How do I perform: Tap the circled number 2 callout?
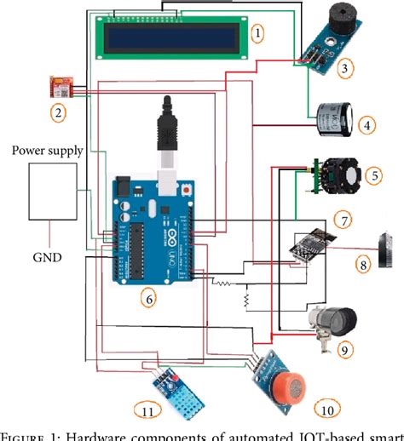(57, 112)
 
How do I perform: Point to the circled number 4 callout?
(366, 125)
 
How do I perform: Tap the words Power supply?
(47, 151)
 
